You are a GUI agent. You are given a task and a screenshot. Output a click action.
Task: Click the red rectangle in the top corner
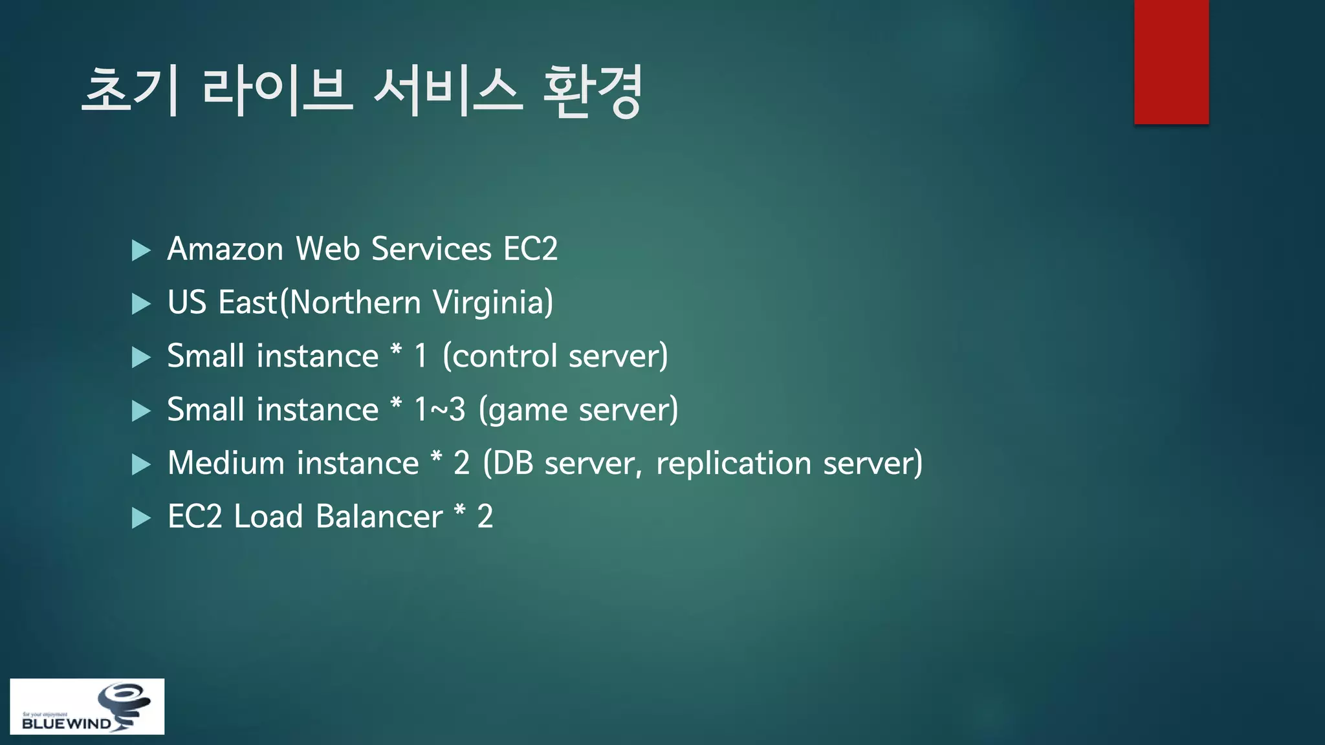pyautogui.click(x=1171, y=61)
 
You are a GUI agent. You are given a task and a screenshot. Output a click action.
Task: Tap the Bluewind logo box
pyautogui.click(x=87, y=706)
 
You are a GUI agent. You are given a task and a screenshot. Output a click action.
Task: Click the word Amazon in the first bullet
pyautogui.click(x=225, y=249)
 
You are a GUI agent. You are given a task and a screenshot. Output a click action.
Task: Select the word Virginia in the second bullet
pyautogui.click(x=492, y=303)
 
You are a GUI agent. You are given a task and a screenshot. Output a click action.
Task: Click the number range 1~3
pyautogui.click(x=439, y=410)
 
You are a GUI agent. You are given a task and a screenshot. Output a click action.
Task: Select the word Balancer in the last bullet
pyautogui.click(x=379, y=517)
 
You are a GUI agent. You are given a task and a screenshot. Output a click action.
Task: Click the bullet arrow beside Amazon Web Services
pyautogui.click(x=140, y=250)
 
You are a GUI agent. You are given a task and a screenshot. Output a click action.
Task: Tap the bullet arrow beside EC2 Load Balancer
pyautogui.click(x=140, y=518)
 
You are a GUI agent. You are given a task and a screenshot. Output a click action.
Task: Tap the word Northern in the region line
pyautogui.click(x=355, y=303)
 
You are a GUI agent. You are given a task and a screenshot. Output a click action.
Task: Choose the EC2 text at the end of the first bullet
pyautogui.click(x=530, y=249)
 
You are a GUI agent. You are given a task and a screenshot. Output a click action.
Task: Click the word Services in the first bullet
pyautogui.click(x=431, y=249)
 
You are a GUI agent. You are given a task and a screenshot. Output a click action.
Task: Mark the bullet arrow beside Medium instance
pyautogui.click(x=140, y=464)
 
